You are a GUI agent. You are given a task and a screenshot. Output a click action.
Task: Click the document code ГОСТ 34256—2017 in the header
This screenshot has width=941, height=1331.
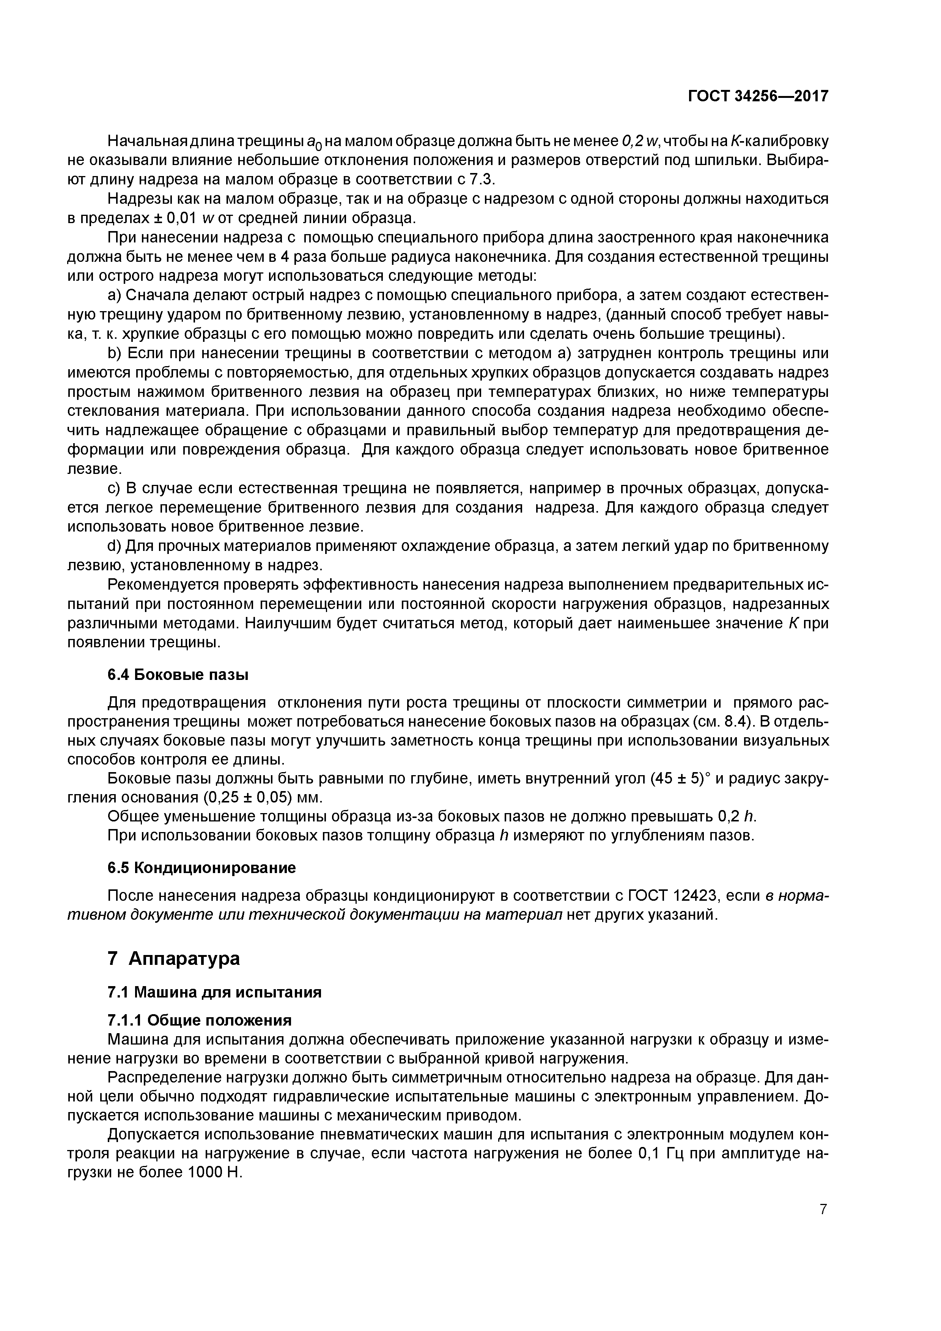tap(758, 96)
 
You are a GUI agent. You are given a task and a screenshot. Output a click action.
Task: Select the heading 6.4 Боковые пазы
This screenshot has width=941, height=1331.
tap(178, 675)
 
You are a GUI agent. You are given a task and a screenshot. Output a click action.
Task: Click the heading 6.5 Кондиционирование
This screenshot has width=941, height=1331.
tap(201, 868)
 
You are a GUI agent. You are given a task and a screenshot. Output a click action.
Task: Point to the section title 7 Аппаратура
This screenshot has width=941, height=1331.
tap(173, 958)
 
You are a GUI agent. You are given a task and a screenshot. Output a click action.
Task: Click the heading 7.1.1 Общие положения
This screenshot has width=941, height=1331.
tap(200, 1020)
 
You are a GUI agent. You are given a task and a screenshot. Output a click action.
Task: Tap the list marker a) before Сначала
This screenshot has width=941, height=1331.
tap(114, 296)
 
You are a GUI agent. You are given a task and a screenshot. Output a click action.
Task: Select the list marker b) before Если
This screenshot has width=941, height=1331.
tap(114, 354)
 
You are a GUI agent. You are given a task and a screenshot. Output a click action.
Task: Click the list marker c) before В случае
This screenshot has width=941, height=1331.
tap(114, 489)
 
